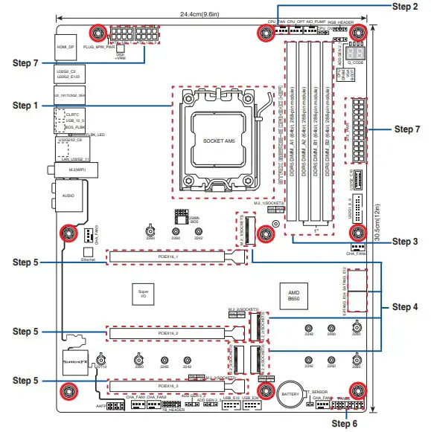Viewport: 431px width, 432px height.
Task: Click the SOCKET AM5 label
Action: [219, 140]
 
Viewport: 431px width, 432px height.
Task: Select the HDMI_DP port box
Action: [66, 46]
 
